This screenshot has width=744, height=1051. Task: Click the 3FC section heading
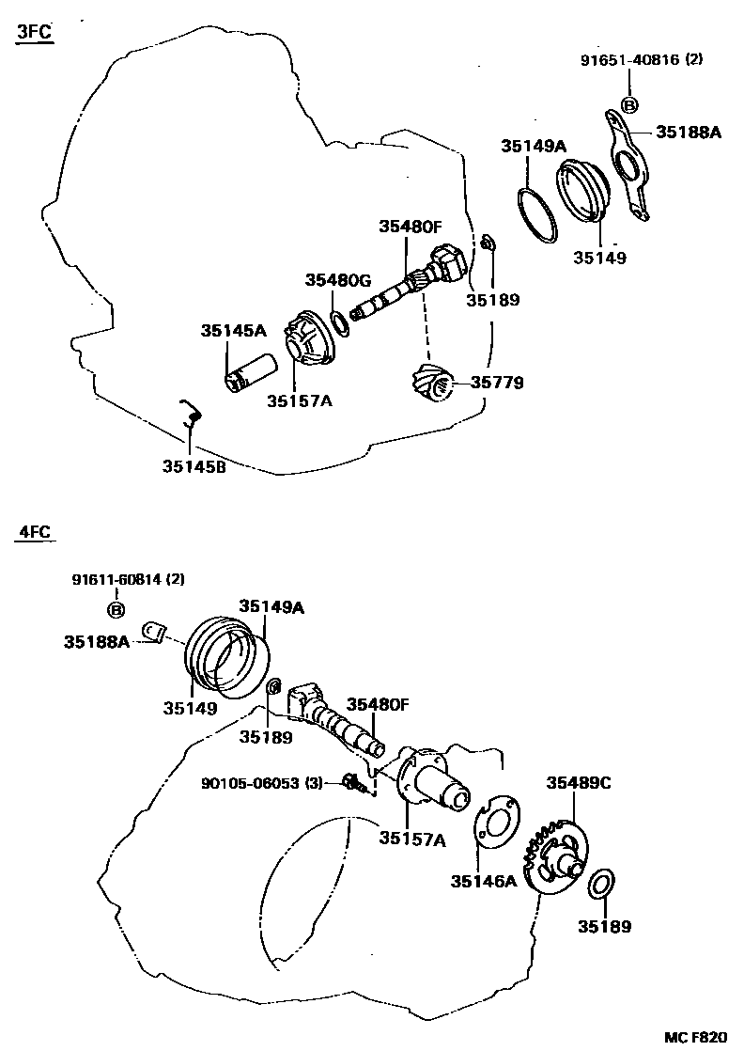[x=34, y=33]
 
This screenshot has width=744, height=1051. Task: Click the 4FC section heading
[x=34, y=532]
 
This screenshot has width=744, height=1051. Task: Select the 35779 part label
[x=497, y=383]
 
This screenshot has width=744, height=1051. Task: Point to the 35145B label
[x=194, y=466]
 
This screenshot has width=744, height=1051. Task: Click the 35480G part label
[x=338, y=280]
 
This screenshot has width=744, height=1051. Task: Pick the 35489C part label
[x=580, y=783]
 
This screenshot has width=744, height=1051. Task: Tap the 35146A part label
[x=485, y=881]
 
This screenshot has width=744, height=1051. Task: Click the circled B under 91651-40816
[x=629, y=104]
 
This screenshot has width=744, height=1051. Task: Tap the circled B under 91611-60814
[x=117, y=611]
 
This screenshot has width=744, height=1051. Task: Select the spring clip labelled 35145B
[x=190, y=415]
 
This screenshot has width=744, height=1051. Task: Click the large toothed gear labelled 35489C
[x=554, y=851]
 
